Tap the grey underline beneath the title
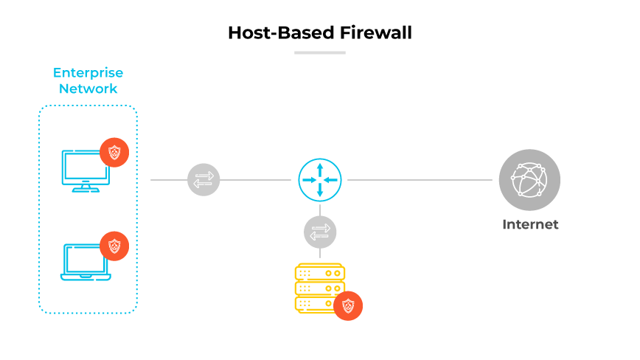(x=319, y=52)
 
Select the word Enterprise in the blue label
(x=88, y=73)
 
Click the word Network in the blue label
(x=88, y=89)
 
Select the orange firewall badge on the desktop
(x=114, y=153)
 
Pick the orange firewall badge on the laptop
(x=114, y=246)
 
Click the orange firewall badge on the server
(x=348, y=305)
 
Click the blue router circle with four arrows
(x=320, y=180)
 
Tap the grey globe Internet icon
(x=529, y=180)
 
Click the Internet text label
(x=530, y=224)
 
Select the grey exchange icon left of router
(x=204, y=180)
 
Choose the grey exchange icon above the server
(x=320, y=232)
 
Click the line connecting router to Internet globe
(x=420, y=180)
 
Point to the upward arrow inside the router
(x=320, y=167)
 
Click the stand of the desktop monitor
(x=85, y=187)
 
